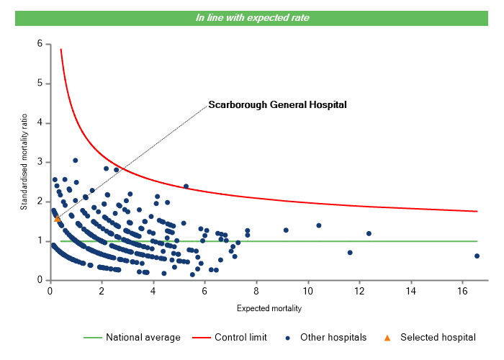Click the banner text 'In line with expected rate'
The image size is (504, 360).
click(252, 17)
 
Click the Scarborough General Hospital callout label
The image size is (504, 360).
click(277, 104)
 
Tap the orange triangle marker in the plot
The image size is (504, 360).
click(58, 218)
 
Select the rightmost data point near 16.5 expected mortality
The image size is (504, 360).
click(477, 256)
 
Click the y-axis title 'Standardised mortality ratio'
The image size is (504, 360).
click(24, 161)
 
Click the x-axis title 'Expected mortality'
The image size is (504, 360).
click(269, 308)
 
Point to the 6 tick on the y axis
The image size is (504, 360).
click(40, 44)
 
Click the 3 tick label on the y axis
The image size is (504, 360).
click(40, 162)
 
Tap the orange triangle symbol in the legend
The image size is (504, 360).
click(387, 337)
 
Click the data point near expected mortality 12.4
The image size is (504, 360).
click(369, 233)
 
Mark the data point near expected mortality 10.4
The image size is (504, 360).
click(318, 225)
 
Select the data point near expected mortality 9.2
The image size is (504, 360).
click(286, 230)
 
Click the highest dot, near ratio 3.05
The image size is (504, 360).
click(75, 161)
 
